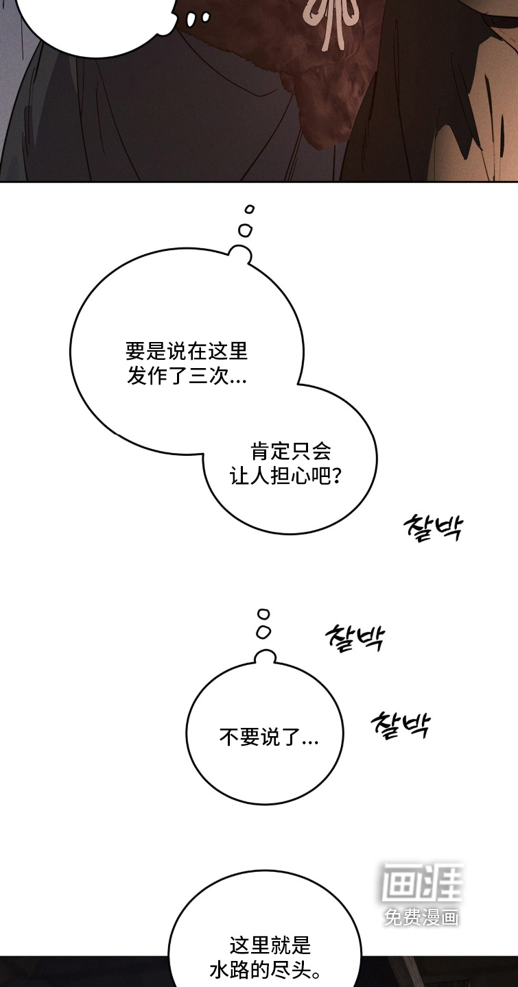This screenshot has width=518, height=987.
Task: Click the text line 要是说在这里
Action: [186, 352]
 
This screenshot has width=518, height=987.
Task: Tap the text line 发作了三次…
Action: [187, 377]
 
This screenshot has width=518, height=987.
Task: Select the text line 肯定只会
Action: [291, 451]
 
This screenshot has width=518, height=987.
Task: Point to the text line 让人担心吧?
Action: [285, 476]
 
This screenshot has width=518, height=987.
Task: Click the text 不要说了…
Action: [269, 737]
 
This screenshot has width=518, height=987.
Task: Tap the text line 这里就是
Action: [270, 946]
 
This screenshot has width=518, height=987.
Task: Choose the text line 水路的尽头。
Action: [266, 971]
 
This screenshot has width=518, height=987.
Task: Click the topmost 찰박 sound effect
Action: [433, 528]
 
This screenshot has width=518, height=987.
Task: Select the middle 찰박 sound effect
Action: [355, 637]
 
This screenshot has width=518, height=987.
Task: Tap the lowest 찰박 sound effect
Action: [400, 725]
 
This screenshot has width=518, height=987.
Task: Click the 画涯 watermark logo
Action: [422, 882]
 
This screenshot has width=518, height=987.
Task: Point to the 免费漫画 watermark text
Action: [421, 917]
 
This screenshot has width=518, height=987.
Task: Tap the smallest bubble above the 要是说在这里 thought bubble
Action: [250, 209]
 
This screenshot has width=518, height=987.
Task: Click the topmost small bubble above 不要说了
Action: [263, 614]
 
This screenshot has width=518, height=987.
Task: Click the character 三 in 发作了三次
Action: [196, 377]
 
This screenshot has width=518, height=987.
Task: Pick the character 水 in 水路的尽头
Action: [219, 971]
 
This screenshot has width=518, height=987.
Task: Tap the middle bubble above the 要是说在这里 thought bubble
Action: [245, 229]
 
